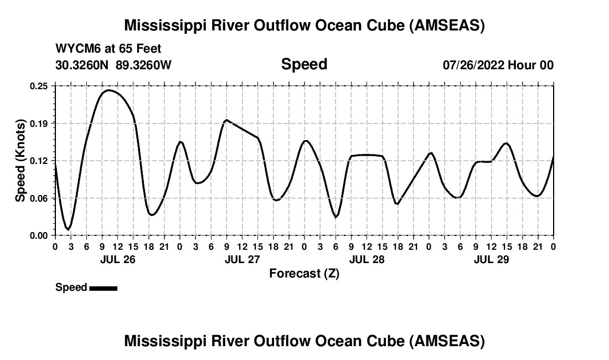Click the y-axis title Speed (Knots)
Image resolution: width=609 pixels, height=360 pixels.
20,160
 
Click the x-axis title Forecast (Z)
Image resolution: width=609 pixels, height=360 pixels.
304,273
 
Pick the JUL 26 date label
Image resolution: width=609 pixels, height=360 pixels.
117,259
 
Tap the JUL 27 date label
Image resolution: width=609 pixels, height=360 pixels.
242,259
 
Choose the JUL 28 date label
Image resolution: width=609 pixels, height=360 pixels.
367,259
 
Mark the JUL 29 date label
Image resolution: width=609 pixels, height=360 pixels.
491,259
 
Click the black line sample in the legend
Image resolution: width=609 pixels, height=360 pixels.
103,288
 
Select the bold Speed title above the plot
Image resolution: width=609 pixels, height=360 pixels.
304,64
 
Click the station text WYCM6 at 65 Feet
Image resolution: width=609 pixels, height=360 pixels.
109,49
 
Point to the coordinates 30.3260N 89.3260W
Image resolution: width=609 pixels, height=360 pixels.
113,65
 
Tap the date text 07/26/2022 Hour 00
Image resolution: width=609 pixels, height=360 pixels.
498,65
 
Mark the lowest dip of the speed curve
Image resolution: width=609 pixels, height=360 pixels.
68,229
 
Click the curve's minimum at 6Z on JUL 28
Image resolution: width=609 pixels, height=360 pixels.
336,217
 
